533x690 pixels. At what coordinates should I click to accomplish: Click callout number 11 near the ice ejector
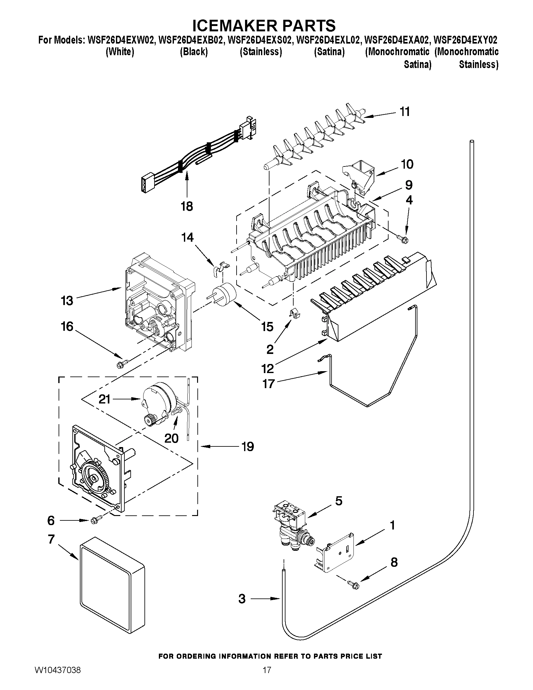point(405,112)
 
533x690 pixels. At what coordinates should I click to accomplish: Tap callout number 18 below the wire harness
point(187,207)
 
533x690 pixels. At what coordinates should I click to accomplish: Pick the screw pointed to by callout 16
point(122,364)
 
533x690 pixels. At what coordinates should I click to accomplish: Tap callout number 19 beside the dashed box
point(248,446)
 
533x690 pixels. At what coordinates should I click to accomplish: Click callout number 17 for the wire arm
point(268,384)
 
